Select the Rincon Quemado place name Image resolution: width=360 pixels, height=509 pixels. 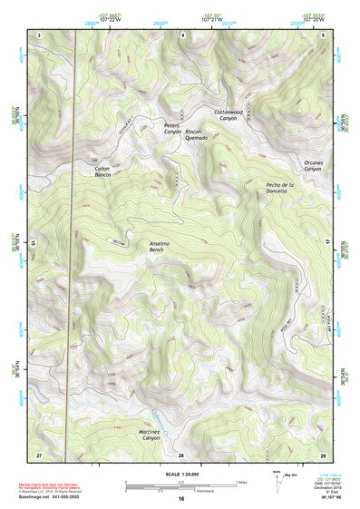tap(197, 134)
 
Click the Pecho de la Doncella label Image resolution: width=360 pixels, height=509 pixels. tap(277, 187)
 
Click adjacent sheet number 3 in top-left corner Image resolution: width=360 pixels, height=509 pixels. tap(39, 34)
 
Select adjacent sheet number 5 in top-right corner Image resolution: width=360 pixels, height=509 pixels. tap(324, 34)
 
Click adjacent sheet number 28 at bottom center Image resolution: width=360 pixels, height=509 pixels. tap(181, 454)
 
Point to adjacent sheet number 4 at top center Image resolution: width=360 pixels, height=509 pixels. tap(182, 34)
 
